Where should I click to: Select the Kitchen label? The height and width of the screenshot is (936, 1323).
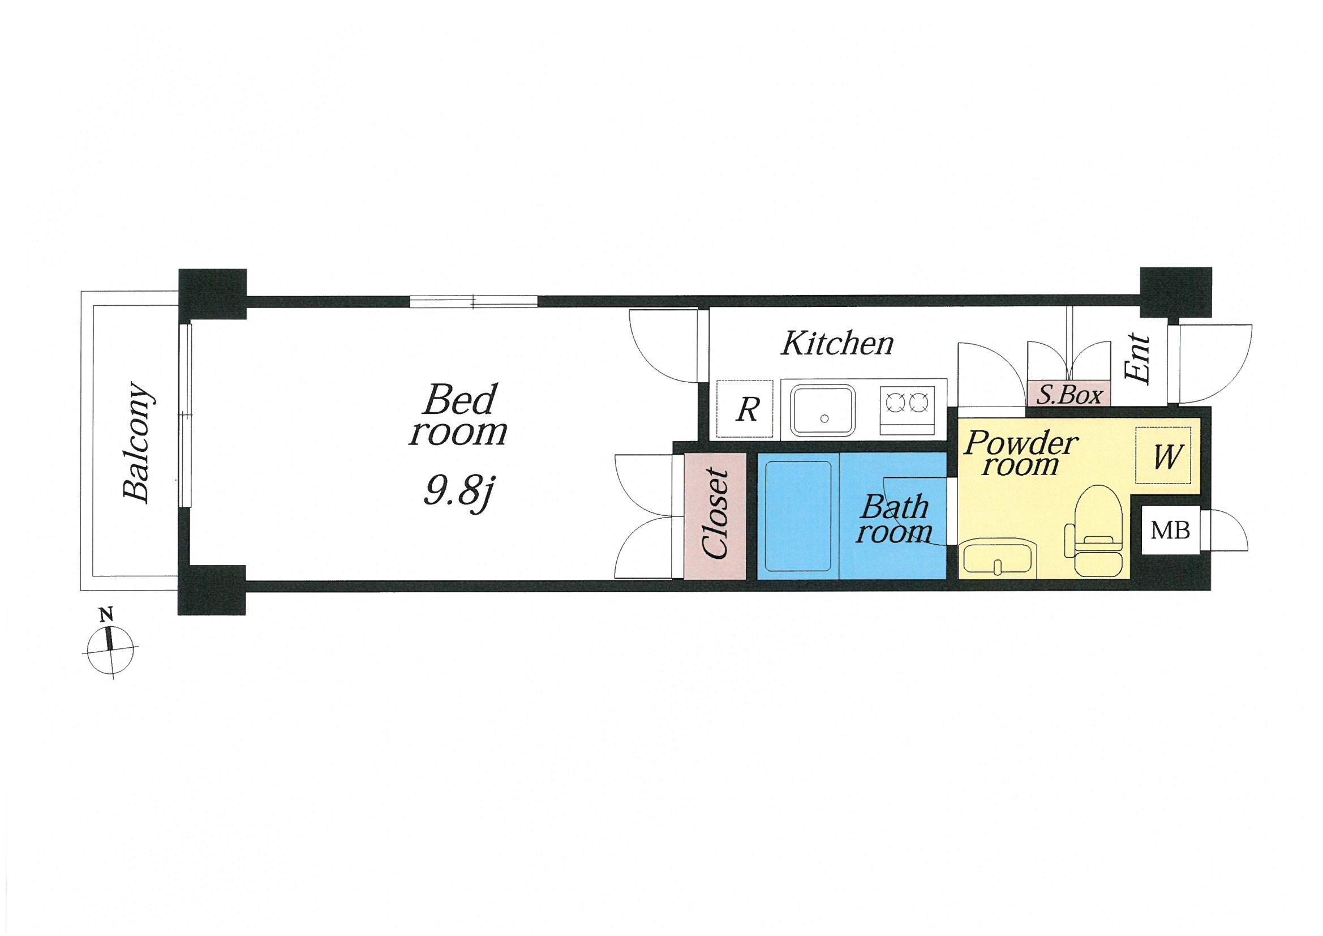[837, 343]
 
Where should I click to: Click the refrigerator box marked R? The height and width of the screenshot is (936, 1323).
[744, 409]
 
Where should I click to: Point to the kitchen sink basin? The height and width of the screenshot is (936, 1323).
[823, 411]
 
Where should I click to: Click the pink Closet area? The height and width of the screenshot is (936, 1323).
[715, 516]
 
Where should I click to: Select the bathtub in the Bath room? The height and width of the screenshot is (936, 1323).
[797, 516]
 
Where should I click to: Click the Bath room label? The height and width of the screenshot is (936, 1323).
[894, 519]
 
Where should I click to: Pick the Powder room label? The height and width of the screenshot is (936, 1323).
[1021, 454]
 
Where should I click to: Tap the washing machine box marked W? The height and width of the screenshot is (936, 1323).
[1163, 455]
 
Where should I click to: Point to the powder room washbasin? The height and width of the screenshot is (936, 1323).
[999, 558]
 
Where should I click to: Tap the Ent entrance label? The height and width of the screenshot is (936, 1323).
[1138, 357]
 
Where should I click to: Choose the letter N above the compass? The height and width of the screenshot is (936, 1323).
[106, 614]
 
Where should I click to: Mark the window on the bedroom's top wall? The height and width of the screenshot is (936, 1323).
[474, 301]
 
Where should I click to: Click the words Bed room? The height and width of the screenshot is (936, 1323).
[459, 415]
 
